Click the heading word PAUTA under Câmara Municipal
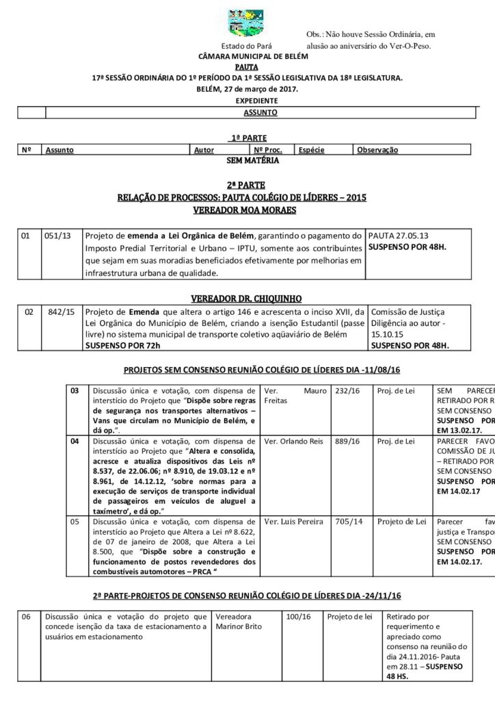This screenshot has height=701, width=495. point(247,68)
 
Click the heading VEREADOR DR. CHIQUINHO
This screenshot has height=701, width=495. point(247,298)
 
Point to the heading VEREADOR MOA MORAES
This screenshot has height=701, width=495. point(247,209)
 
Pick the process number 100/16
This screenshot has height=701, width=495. point(299,617)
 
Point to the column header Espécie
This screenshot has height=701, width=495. point(311,150)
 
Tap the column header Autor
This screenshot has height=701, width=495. point(204,150)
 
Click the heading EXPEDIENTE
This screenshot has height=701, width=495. point(247,100)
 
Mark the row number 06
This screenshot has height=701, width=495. point(26,617)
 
